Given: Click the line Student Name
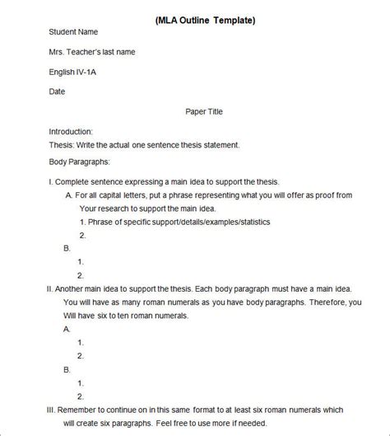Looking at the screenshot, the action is click(x=73, y=32).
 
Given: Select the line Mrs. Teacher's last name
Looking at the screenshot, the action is click(x=92, y=52).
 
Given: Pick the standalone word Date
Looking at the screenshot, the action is click(x=58, y=91).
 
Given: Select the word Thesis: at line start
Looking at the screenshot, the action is click(x=63, y=145).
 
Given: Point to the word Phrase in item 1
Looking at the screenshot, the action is click(x=103, y=222).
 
